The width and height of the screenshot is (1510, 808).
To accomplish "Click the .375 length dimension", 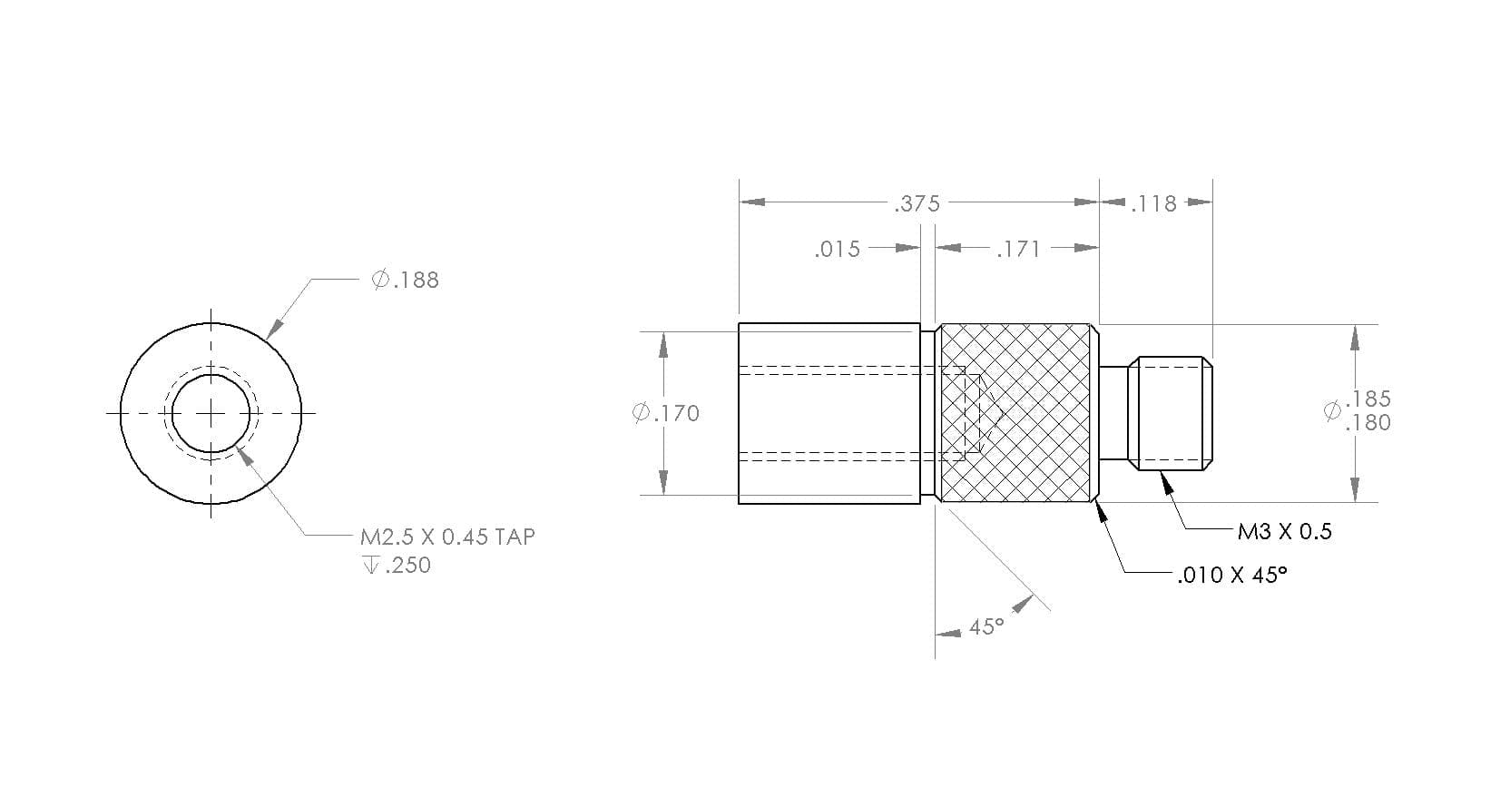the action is pyautogui.click(x=917, y=203).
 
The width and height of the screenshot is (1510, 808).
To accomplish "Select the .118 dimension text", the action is pyautogui.click(x=1153, y=203).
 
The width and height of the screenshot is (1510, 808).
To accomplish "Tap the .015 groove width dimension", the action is pyautogui.click(x=838, y=250).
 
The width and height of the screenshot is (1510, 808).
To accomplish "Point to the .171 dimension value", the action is pyautogui.click(x=1018, y=250).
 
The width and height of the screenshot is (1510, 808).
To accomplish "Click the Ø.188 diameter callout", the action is pyautogui.click(x=405, y=280).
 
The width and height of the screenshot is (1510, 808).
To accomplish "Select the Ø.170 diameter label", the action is pyautogui.click(x=666, y=413).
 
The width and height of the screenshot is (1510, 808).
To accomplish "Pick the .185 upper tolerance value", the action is pyautogui.click(x=1368, y=399).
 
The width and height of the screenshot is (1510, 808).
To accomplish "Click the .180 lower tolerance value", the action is pyautogui.click(x=1368, y=423).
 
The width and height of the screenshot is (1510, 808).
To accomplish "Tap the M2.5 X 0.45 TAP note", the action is pyautogui.click(x=447, y=537).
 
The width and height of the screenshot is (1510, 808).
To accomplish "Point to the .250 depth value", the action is pyautogui.click(x=407, y=566).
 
